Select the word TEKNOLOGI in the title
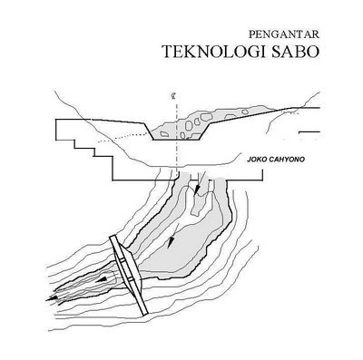tap(213, 53)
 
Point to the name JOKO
tap(258, 166)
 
